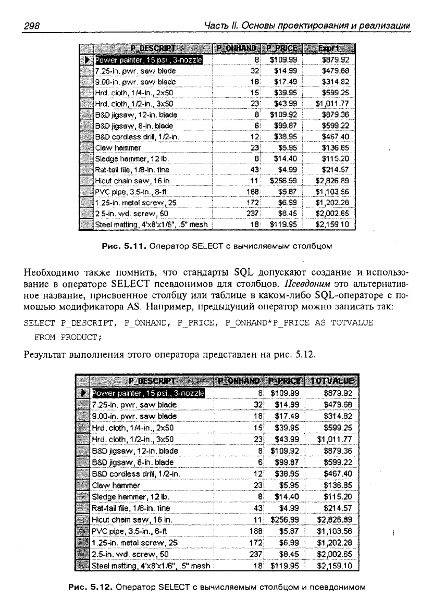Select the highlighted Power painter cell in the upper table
[147, 60]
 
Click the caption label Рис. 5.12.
[91, 588]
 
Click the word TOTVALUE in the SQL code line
[354, 323]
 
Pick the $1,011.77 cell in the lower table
[332, 439]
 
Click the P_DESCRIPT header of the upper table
[147, 49]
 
